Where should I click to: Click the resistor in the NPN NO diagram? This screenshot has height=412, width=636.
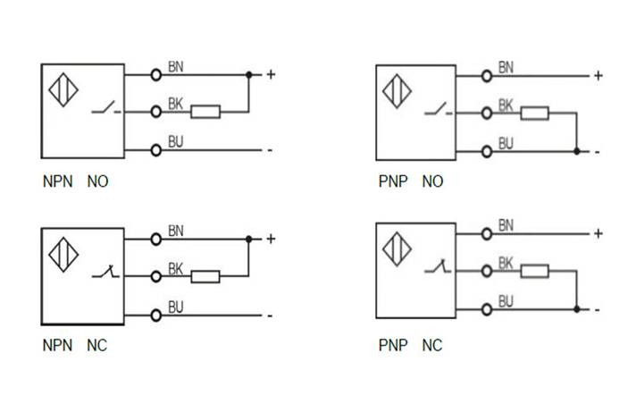point(205,112)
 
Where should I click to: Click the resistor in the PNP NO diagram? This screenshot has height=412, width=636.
point(535,113)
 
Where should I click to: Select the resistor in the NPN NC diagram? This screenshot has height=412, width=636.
point(205,276)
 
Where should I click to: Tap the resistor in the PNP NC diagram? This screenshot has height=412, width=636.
point(535,271)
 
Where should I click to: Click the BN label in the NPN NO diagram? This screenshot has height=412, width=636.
point(176,67)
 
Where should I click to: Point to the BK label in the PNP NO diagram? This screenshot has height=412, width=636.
point(506,105)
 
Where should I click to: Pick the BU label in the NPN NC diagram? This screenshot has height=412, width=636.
point(176,307)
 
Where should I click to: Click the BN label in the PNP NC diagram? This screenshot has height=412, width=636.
point(506,224)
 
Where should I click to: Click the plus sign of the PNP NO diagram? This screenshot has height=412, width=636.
point(598,76)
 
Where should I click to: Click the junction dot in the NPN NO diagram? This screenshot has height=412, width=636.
point(248,74)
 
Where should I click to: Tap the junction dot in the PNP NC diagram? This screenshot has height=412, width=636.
point(577,309)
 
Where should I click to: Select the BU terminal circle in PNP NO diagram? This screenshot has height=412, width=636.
point(487,151)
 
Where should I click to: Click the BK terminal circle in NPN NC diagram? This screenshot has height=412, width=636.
point(156,276)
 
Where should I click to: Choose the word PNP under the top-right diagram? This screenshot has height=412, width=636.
point(392,181)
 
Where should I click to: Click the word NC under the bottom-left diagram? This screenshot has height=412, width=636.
point(96,345)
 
